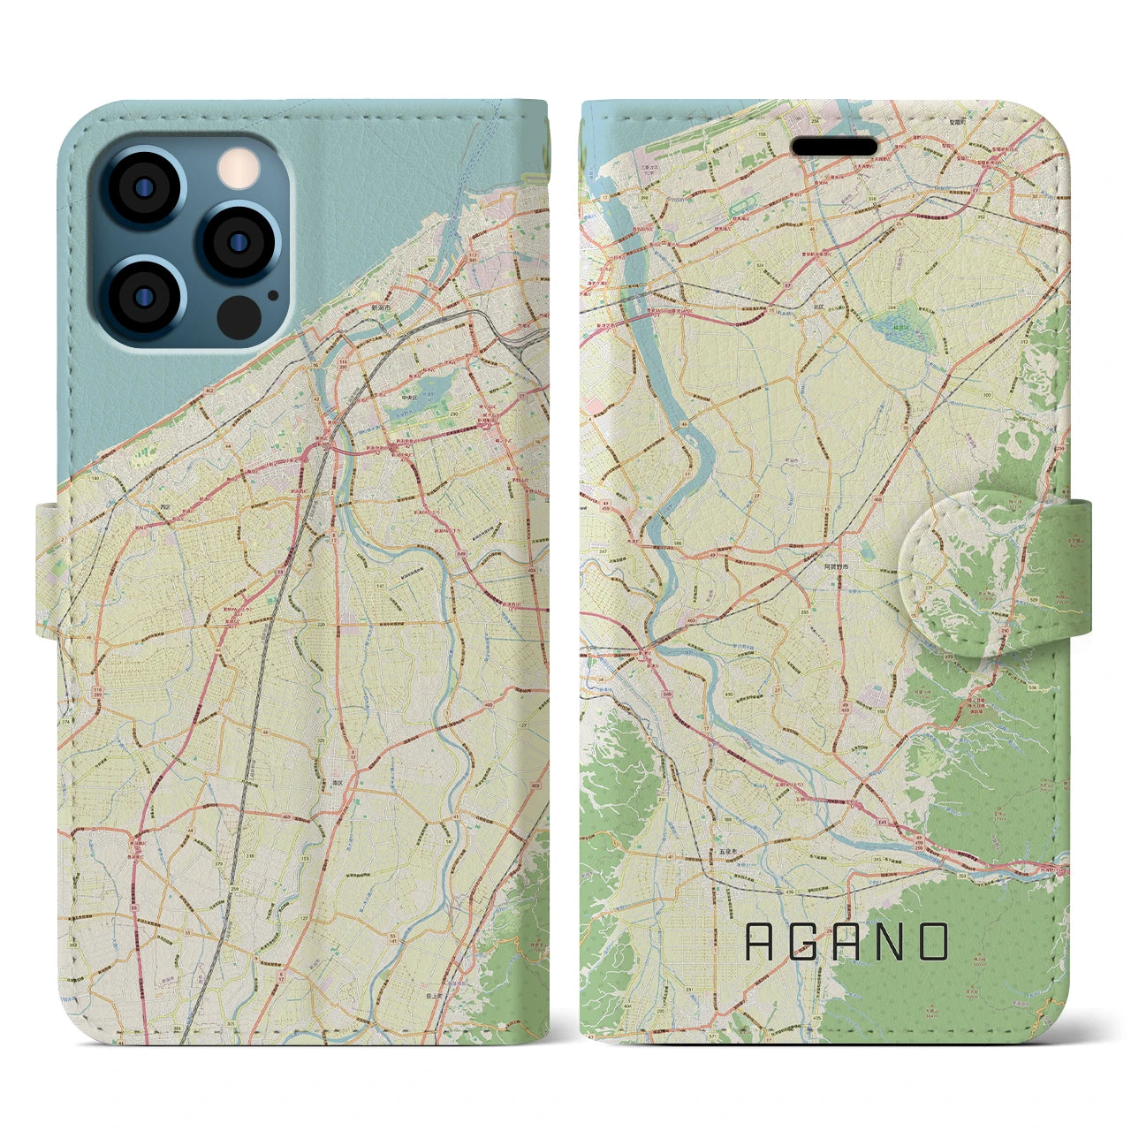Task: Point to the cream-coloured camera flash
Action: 235,168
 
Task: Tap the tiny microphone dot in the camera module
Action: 273,296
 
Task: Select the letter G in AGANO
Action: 802,942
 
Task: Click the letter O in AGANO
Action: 932,942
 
